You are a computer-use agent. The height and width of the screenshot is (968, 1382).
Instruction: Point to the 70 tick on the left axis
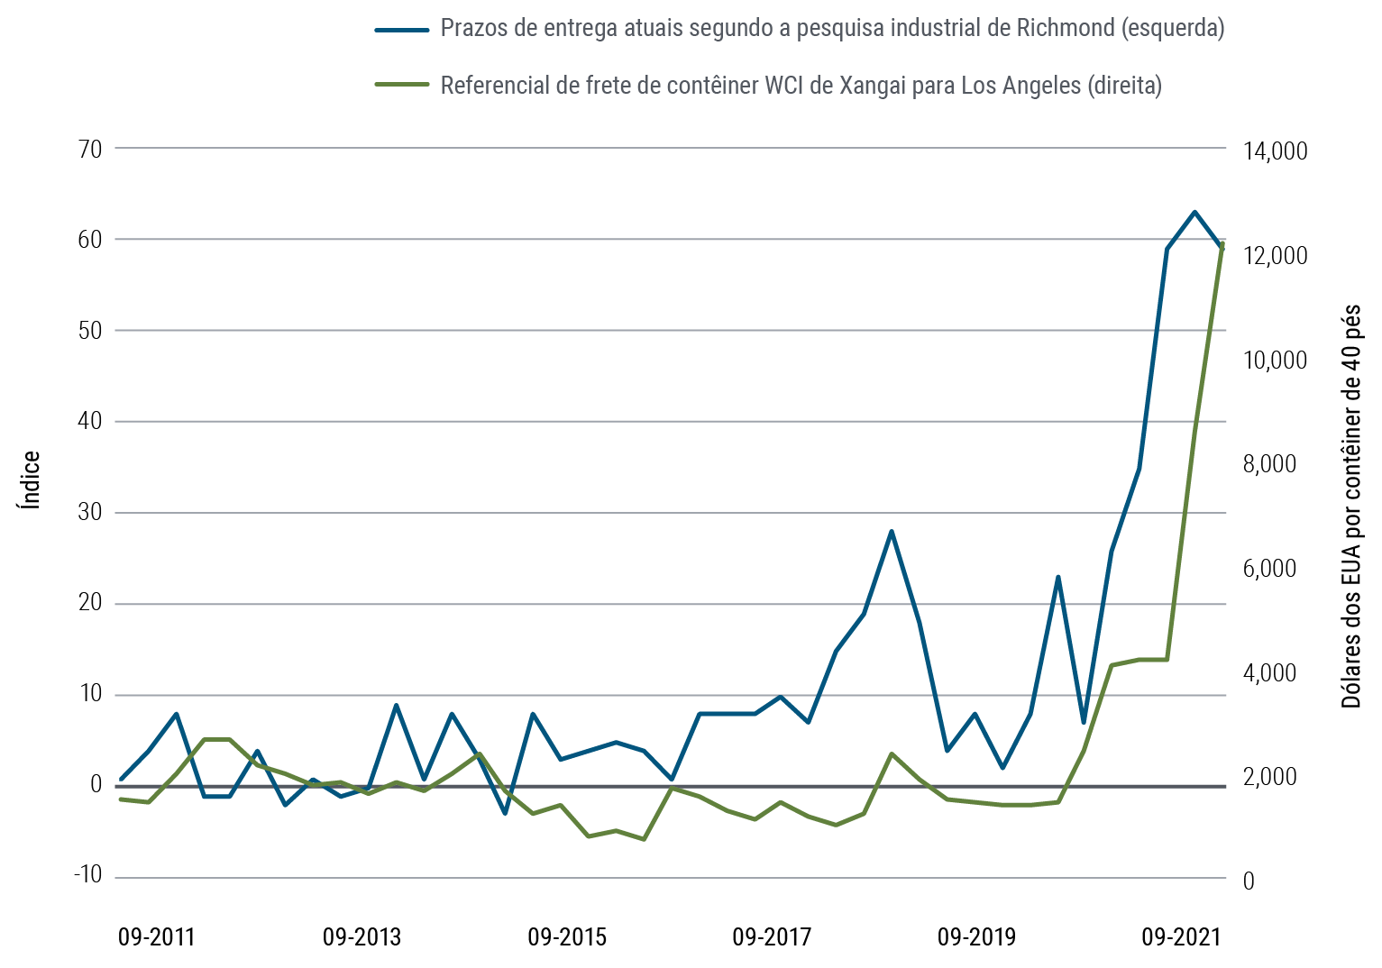point(91,148)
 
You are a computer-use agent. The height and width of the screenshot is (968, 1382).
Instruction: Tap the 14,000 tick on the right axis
point(1274,151)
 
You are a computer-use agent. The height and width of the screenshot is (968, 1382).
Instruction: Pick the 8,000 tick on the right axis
point(1269,464)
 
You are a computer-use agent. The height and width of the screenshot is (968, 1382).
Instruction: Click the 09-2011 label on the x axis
point(157,937)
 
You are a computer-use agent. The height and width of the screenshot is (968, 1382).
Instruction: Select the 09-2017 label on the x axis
point(772,937)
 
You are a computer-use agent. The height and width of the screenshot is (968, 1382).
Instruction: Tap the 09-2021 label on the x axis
point(1181,937)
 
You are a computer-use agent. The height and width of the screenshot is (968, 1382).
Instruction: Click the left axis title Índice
point(32,479)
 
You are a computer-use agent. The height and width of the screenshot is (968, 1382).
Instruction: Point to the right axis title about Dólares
point(1351,506)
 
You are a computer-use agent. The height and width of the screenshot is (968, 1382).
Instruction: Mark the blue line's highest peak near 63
point(1194,212)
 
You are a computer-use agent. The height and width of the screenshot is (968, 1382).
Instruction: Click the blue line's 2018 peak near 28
point(891,532)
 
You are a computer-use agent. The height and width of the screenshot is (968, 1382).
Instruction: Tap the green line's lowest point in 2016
point(644,839)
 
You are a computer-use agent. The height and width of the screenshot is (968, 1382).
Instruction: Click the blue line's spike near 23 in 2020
point(1057,577)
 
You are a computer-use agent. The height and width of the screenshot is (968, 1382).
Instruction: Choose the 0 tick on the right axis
point(1249,881)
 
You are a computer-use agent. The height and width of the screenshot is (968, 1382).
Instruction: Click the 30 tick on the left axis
point(91,512)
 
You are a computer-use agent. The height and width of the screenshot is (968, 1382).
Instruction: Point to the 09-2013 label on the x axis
point(362,937)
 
